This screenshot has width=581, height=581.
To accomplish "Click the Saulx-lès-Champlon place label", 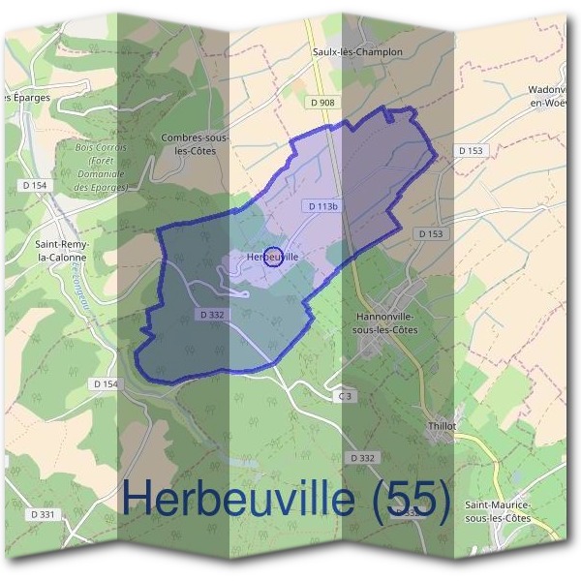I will tap(357, 51).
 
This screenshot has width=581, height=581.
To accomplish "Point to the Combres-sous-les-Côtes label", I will tap(194, 145).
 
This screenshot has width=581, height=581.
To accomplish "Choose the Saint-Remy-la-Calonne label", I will tap(61, 252).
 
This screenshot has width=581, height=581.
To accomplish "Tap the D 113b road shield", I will tap(323, 206).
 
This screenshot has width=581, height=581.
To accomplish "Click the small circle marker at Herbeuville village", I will tap(273, 257).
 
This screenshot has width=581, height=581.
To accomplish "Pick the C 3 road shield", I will tap(343, 396).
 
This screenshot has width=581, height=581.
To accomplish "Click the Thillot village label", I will tap(441, 426).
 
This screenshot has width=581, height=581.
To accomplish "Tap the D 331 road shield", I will tap(42, 514).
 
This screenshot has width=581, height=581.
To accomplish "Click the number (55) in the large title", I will tap(406, 499).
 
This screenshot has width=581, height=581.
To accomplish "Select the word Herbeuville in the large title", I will tap(237, 499).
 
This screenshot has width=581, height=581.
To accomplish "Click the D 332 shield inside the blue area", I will tap(212, 315).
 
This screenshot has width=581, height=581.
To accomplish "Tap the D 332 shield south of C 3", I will tap(363, 457).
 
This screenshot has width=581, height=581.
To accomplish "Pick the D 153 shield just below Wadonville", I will tap(471, 150).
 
